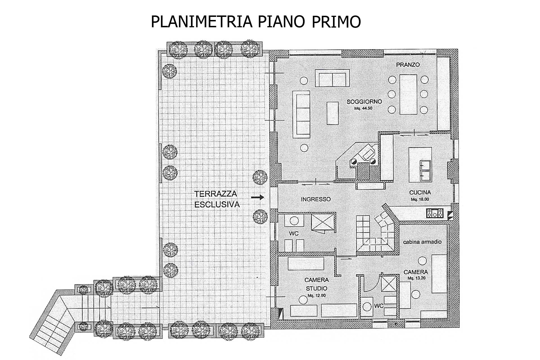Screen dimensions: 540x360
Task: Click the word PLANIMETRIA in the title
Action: click(x=201, y=22)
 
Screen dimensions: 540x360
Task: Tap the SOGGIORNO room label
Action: click(x=364, y=102)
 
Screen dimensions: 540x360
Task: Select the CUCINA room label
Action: click(x=420, y=193)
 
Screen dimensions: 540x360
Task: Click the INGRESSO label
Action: click(x=316, y=199)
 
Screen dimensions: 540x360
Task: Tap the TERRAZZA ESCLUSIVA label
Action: click(x=217, y=199)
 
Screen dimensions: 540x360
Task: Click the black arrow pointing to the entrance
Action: click(x=258, y=197)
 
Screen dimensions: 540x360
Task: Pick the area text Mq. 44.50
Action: click(x=364, y=108)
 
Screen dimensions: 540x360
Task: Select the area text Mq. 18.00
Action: click(x=420, y=199)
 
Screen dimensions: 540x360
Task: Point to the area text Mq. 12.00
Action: click(x=316, y=296)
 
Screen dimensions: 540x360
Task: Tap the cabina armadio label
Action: click(x=422, y=242)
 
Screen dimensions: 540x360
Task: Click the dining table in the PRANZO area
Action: click(x=408, y=94)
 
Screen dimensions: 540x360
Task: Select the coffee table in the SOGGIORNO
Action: click(x=333, y=113)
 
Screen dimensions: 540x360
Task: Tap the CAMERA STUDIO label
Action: click(x=316, y=284)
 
